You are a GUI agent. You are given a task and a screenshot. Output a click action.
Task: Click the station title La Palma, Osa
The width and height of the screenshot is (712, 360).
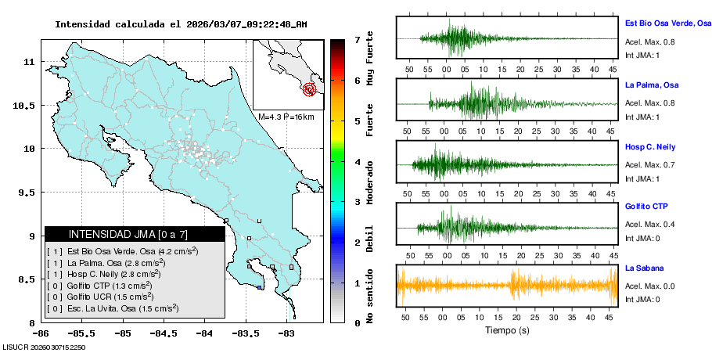pyautogui.click(x=651, y=85)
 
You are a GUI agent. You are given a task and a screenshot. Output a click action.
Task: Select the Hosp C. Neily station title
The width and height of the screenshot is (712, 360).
pyautogui.click(x=649, y=146)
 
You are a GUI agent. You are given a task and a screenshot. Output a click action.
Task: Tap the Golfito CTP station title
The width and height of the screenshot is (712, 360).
pyautogui.click(x=646, y=207)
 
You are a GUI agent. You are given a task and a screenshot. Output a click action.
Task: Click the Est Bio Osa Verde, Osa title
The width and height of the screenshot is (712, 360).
pyautogui.click(x=667, y=23)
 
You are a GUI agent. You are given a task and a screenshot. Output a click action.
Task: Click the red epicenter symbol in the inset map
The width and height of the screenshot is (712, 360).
pyautogui.click(x=311, y=89)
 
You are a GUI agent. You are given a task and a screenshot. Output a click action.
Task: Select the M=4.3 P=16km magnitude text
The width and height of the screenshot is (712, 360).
pyautogui.click(x=286, y=117)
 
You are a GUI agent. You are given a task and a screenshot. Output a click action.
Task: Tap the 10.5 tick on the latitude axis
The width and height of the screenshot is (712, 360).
pyautogui.click(x=26, y=105)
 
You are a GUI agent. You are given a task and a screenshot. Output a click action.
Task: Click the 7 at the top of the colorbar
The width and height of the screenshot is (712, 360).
pyautogui.click(x=357, y=39)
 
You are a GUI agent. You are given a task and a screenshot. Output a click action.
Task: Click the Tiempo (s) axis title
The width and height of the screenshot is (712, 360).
pyautogui.click(x=507, y=331)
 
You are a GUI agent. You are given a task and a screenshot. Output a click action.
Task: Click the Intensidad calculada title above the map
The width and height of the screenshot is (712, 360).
pyautogui.click(x=181, y=24)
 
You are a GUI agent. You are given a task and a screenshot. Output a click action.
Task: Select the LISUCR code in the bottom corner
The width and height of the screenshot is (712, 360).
pyautogui.click(x=44, y=347)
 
